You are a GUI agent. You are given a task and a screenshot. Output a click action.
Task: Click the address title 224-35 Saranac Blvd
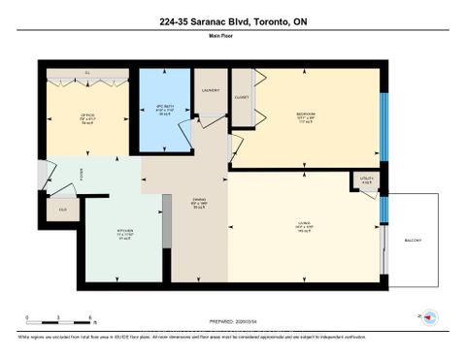coord(233,21)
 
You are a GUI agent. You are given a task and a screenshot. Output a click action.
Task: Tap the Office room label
coord(87,115)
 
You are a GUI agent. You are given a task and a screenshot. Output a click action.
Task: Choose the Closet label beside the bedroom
coord(243,97)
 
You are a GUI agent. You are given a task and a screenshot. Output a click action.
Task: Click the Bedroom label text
coord(305,116)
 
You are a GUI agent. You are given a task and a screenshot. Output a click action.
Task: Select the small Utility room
coord(365,180)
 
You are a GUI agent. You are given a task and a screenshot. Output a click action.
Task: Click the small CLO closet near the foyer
coord(62,209)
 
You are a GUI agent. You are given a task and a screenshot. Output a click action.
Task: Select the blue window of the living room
coord(383,207)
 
